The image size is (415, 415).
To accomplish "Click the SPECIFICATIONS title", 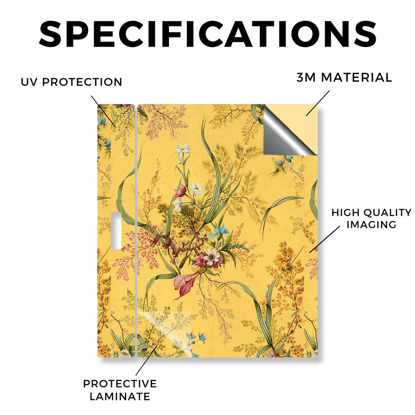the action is click(x=208, y=34).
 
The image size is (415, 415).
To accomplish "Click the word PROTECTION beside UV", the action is click(x=82, y=82).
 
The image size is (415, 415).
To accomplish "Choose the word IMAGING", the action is click(x=371, y=225).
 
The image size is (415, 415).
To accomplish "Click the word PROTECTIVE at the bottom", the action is click(x=120, y=384).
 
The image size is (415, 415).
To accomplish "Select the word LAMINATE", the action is click(x=120, y=396).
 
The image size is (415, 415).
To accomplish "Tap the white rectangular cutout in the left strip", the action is click(x=116, y=230).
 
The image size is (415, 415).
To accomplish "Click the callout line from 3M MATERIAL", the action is click(x=318, y=103).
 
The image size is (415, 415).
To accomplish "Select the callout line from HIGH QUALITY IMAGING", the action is click(x=325, y=239).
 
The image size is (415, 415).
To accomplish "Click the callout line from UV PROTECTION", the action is click(x=103, y=111).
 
